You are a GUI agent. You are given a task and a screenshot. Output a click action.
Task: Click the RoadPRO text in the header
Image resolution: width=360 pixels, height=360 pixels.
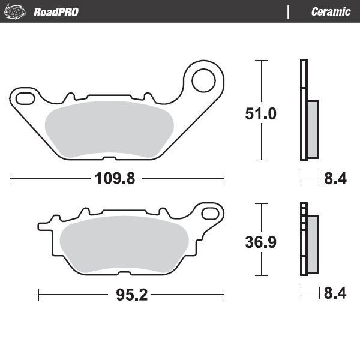coord(56,12)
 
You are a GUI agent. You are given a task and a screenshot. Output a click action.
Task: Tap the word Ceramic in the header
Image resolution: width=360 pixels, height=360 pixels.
coord(331,12)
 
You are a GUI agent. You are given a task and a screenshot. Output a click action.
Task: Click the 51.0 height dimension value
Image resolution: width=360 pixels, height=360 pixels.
coord(261,113)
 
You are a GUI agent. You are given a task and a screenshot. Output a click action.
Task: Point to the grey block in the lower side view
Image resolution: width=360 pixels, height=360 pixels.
coord(312,243)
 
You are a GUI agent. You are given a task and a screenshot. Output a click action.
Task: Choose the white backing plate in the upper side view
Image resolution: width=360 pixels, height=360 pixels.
coord(303,110)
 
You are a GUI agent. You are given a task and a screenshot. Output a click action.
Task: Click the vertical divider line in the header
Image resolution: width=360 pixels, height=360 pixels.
coord(289,11)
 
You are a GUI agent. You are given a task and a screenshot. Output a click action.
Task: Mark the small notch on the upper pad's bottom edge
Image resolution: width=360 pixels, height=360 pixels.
coord(109,159)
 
